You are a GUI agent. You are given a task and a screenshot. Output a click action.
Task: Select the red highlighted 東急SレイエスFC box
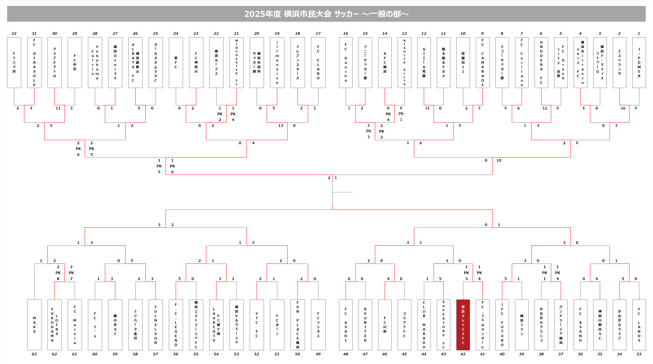463,325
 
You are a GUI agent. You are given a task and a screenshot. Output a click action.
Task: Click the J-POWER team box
639,63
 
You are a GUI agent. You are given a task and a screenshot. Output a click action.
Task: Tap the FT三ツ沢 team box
14,63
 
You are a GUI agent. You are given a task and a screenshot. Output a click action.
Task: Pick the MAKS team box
34,325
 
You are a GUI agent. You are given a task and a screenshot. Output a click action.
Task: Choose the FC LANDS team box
639,325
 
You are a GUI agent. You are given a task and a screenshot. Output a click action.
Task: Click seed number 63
34,354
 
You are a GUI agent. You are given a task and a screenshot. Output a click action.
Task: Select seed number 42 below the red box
463,354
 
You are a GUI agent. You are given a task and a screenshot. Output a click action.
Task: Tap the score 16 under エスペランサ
623,108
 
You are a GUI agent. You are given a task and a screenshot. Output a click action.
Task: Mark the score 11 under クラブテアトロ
58,108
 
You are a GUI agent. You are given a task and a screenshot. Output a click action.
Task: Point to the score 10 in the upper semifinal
499,160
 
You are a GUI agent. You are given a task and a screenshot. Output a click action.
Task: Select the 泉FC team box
176,63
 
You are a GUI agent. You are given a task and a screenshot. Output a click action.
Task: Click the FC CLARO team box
318,63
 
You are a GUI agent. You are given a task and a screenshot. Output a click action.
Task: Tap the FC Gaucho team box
346,63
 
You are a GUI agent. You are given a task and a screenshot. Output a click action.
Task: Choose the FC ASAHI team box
346,325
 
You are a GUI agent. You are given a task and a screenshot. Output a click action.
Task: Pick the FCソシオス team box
318,325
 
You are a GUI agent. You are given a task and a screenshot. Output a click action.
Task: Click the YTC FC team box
257,325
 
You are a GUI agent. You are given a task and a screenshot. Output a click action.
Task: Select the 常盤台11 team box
463,63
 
